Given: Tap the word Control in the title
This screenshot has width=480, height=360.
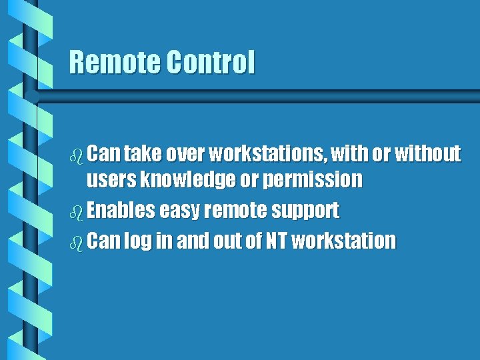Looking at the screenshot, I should tap(210, 63).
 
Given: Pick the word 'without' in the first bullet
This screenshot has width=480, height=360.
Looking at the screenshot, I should tap(427, 155).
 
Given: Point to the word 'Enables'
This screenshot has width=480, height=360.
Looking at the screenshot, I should tap(120, 211).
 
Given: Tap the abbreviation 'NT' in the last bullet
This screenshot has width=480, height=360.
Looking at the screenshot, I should tap(275, 240).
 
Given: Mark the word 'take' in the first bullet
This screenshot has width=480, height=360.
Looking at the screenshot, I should tap(139, 155).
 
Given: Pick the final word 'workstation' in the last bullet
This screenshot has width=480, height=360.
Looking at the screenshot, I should tap(344, 240).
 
